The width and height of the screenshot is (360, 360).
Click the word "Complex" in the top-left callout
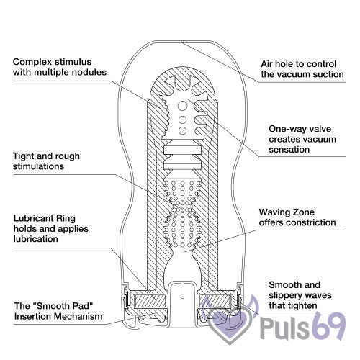pos(32,62)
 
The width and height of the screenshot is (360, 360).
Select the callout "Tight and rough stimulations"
pos(46,161)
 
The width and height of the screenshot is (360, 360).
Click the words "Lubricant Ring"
pos(45,218)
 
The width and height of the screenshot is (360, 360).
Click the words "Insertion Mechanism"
pos(58,316)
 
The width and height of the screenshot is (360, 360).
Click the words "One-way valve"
pos(300,129)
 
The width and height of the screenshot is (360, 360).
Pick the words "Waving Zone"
pos(287,212)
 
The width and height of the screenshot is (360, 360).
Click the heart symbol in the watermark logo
pos(230,325)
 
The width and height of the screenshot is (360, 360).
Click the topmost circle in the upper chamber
pos(183,106)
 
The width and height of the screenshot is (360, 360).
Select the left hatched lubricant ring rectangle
pos(149,301)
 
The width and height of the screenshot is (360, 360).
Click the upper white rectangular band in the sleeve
pos(182,150)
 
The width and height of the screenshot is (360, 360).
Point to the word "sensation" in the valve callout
pos(289,150)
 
